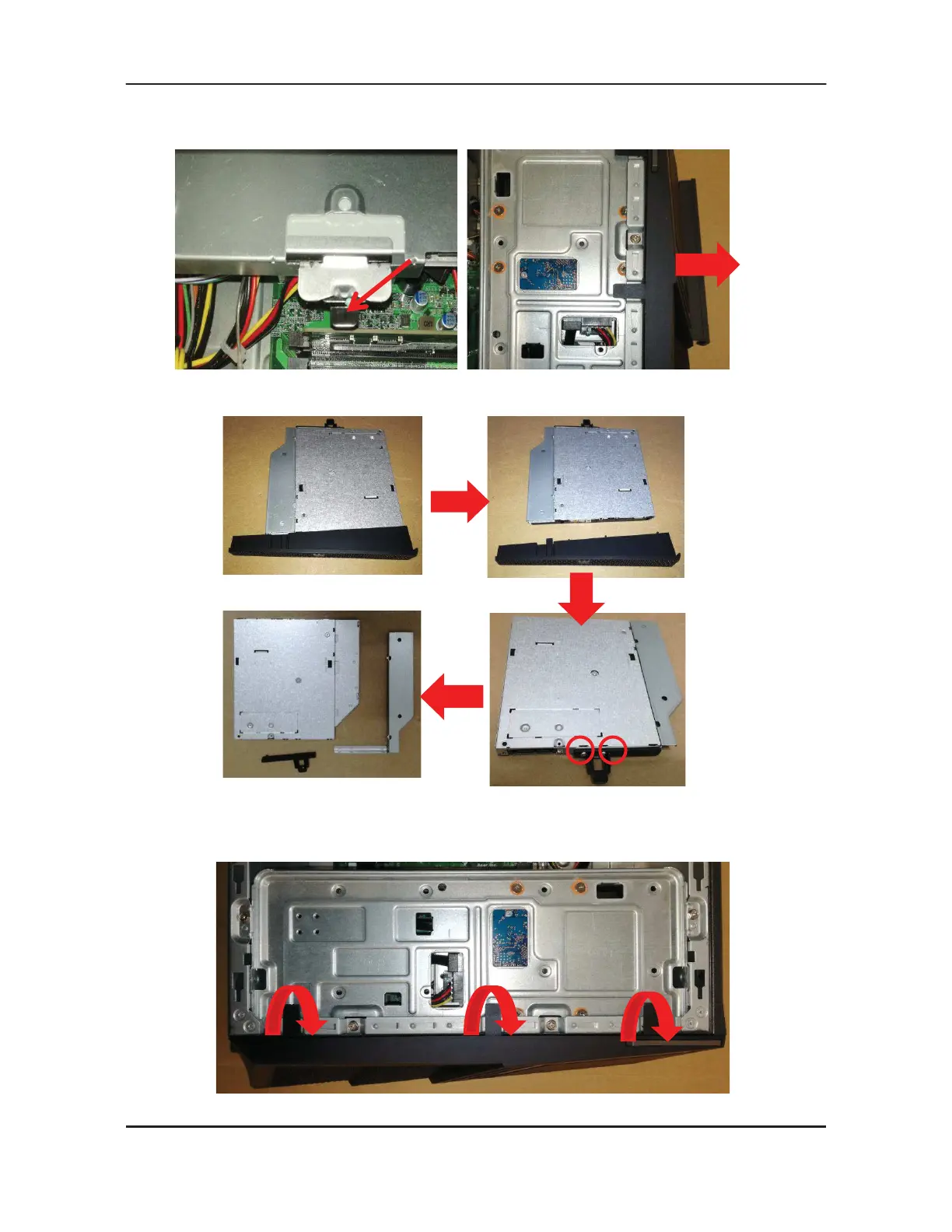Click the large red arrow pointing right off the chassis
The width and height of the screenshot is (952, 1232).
[705, 264]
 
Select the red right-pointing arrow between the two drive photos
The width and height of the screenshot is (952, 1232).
[459, 501]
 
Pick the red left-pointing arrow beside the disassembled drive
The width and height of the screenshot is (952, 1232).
[453, 695]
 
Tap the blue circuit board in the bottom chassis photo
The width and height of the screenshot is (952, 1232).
[510, 936]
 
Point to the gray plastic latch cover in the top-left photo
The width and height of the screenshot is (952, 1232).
[345, 236]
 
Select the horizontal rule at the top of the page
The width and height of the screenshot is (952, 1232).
[476, 84]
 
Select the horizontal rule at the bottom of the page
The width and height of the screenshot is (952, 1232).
[476, 1125]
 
